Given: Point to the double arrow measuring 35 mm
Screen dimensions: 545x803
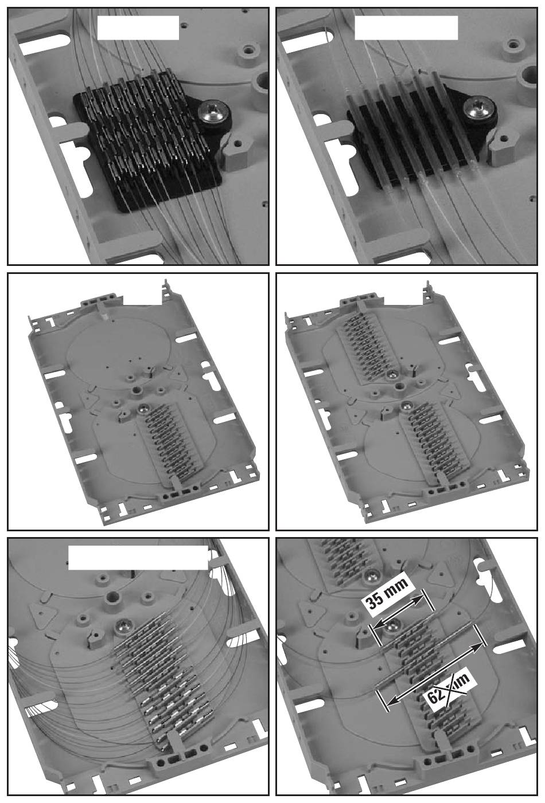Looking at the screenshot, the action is pos(398,613).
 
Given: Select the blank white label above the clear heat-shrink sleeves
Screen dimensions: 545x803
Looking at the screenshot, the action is pos(406,28).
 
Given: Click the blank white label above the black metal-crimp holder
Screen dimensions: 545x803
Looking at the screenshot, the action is pos(138,28).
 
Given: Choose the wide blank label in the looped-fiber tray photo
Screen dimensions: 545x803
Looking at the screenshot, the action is pos(138,558).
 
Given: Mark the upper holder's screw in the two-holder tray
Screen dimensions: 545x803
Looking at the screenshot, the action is pos(392,375).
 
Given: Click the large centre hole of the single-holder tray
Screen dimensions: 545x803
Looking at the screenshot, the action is pos(137,390).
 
